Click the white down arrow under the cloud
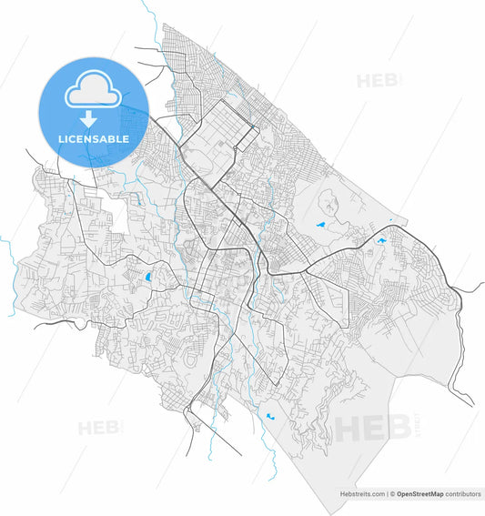[x=89, y=119]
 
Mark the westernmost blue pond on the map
[x=149, y=277]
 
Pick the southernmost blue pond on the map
[x=270, y=418]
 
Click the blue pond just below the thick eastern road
[x=381, y=240]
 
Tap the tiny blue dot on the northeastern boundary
[x=389, y=220]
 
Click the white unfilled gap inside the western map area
[x=116, y=213]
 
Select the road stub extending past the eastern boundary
[x=471, y=288]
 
